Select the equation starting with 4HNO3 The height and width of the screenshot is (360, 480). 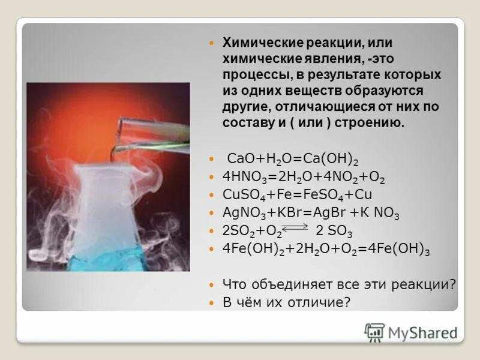pyautogui.click(x=304, y=178)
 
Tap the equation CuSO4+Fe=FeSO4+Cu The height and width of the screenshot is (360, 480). pyautogui.click(x=298, y=195)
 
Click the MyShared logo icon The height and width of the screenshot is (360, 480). pyautogui.click(x=374, y=332)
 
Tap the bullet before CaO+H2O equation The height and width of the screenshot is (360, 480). pyautogui.click(x=211, y=160)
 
